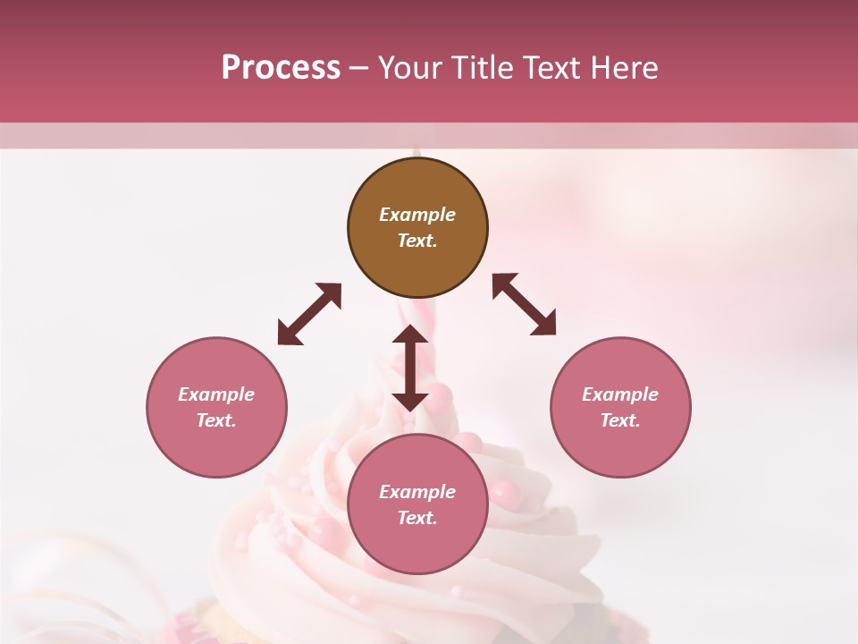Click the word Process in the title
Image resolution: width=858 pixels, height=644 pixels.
click(x=281, y=67)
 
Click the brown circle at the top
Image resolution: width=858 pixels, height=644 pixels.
click(x=417, y=228)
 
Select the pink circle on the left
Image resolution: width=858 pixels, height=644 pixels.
click(x=216, y=408)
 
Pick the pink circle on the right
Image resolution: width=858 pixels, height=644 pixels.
click(x=620, y=408)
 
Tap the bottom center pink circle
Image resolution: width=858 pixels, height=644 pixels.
click(x=417, y=505)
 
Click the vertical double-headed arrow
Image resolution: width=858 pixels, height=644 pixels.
click(x=410, y=368)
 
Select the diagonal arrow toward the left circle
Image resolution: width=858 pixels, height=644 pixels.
click(x=309, y=314)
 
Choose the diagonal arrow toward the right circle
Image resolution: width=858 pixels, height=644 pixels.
click(x=524, y=304)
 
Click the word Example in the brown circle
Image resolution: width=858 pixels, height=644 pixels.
click(x=417, y=215)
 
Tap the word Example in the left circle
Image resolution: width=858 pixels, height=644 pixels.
click(x=216, y=394)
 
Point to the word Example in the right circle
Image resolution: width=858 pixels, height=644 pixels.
click(x=620, y=394)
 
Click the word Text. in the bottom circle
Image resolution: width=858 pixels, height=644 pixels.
click(x=417, y=518)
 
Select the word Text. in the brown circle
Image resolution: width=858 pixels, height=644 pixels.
click(x=417, y=241)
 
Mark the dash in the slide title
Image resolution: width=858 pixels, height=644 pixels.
click(x=358, y=69)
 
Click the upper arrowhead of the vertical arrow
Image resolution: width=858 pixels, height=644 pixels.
click(x=410, y=335)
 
